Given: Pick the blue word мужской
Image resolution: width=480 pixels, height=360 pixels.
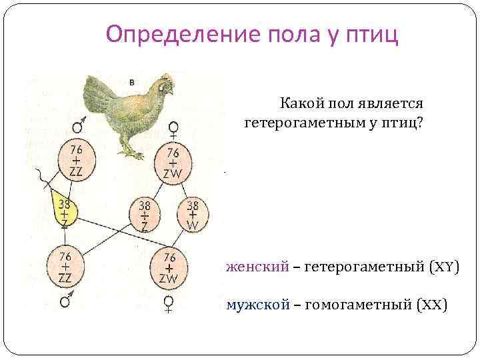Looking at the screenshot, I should (258, 305).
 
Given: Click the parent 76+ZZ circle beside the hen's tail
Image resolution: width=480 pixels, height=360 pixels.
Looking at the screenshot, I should (75, 161).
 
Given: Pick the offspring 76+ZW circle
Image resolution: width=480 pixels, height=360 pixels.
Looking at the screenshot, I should (169, 267).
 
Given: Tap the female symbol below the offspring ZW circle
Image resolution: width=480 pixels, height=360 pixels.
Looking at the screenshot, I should (169, 304).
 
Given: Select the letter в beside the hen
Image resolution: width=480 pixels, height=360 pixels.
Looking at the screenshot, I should (131, 82).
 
